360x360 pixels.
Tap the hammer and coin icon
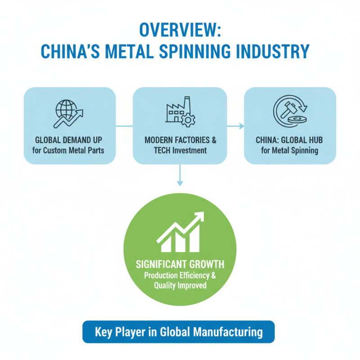[x=290, y=112]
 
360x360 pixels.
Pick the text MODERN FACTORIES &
[x=180, y=140]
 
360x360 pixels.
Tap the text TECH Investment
[x=180, y=150]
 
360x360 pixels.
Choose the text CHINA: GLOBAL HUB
[x=290, y=140]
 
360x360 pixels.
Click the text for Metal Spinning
[x=290, y=150]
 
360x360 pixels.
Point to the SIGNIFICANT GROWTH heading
[x=180, y=264]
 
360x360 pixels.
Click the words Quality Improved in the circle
[x=180, y=285]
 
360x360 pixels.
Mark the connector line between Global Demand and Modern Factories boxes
[x=124, y=126]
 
